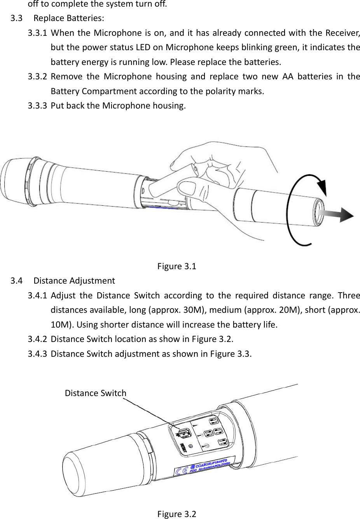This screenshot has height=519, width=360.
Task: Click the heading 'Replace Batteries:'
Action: pyautogui.click(x=69, y=18)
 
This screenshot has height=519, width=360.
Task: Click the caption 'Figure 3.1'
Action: pyautogui.click(x=177, y=267)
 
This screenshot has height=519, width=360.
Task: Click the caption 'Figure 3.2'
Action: pyautogui.click(x=177, y=514)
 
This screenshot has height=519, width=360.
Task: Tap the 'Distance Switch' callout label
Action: pyautogui.click(x=95, y=393)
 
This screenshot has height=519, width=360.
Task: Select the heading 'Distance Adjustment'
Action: pyautogui.click(x=74, y=281)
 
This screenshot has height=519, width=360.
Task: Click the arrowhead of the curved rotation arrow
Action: pyautogui.click(x=322, y=186)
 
